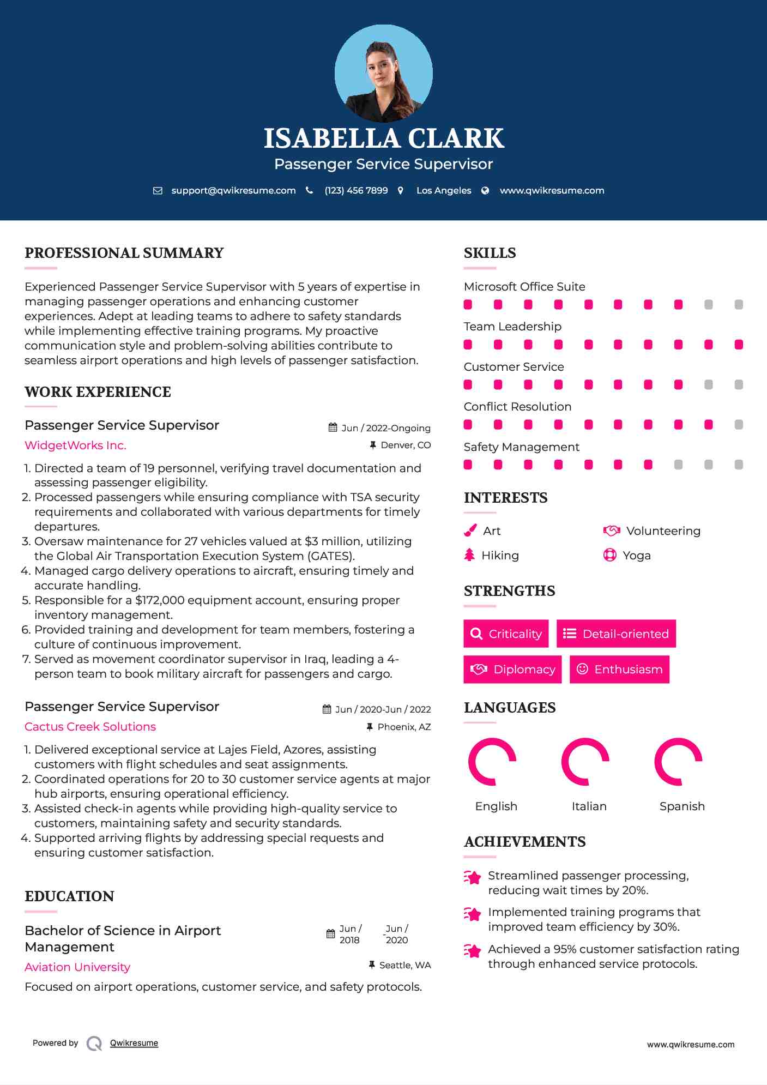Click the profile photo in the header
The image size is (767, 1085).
pos(383,73)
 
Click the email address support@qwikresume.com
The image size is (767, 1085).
pos(233,190)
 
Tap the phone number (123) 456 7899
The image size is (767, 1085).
pos(356,190)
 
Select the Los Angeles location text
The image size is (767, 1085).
pos(444,190)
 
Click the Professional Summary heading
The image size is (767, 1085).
pos(124,253)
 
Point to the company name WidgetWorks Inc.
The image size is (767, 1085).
pos(75,445)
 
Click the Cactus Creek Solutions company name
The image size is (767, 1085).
pos(90,727)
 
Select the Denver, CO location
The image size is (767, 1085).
pos(406,445)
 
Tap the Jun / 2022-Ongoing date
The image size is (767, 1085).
pos(385,428)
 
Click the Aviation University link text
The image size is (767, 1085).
pos(77,967)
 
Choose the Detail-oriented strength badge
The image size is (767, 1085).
pos(616,634)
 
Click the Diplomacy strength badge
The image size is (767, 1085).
pos(512,670)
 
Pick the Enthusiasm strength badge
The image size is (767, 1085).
pos(619,670)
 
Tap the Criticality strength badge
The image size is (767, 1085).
pos(506,634)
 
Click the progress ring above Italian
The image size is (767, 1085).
pos(585,762)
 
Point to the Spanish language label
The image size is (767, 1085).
pos(682,806)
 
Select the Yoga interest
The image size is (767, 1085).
pos(636,556)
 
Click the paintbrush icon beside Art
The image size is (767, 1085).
pos(470,531)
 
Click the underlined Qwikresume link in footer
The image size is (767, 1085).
pos(134,1043)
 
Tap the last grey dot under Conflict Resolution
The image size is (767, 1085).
pos(739,425)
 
